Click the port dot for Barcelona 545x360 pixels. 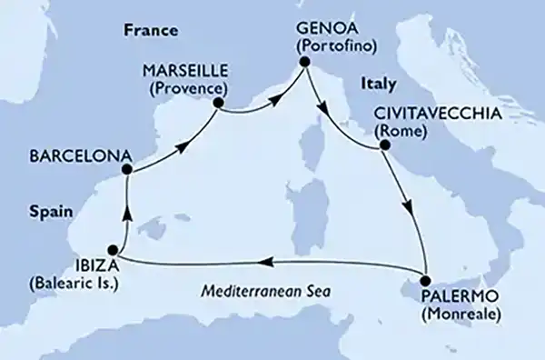pyautogui.click(x=128, y=168)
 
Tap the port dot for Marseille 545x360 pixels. pyautogui.click(x=218, y=104)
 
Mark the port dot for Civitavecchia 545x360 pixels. pyautogui.click(x=383, y=144)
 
